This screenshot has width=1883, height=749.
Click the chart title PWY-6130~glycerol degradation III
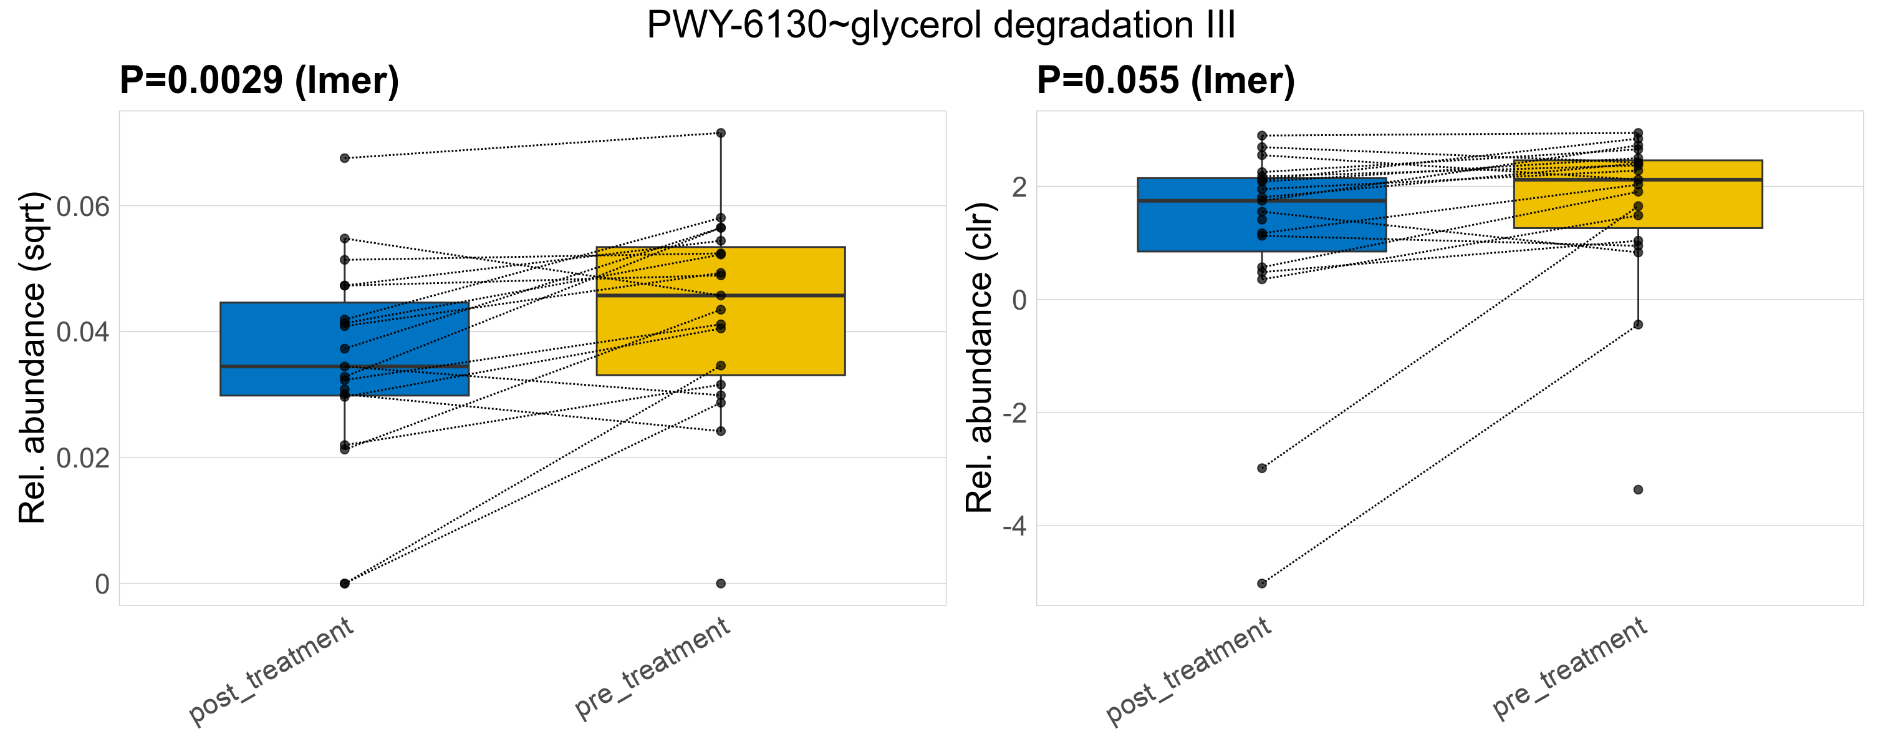pos(941,26)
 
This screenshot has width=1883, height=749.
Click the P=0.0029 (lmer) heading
pos(259,80)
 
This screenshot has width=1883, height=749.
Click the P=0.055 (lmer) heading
pos(1165,80)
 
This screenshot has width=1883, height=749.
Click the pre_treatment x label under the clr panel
pos(1570,667)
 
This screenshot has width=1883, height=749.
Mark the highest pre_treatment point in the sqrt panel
pos(721,133)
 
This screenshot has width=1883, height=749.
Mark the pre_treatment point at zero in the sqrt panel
pos(721,584)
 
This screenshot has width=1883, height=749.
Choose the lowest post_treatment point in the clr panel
pos(1261,584)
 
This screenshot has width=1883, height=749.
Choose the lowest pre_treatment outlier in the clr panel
pos(1638,490)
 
